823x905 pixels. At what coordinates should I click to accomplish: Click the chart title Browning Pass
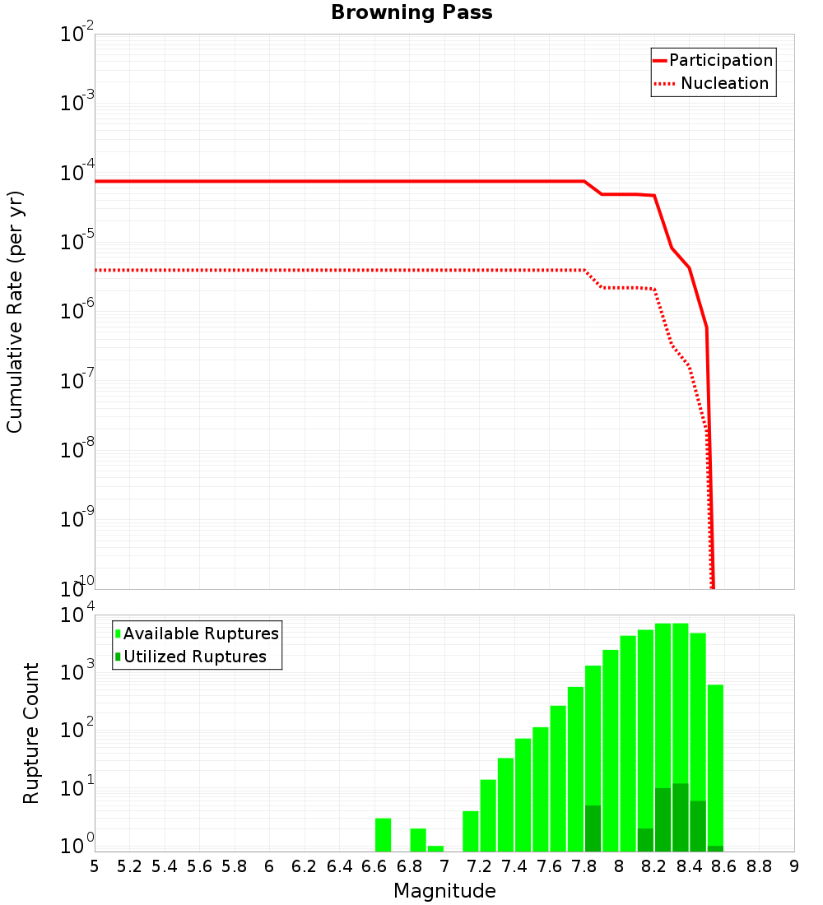pyautogui.click(x=411, y=12)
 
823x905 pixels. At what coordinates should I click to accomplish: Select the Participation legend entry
pyautogui.click(x=720, y=61)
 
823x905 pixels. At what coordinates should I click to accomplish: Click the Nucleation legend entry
pyautogui.click(x=724, y=84)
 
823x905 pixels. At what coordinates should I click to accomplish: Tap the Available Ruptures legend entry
pyautogui.click(x=201, y=633)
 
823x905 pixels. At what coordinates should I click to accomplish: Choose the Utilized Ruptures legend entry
pyautogui.click(x=194, y=657)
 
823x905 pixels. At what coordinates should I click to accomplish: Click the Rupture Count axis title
pyautogui.click(x=31, y=733)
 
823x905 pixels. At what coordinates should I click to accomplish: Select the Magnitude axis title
pyautogui.click(x=444, y=891)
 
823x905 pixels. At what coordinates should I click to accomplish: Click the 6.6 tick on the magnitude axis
pyautogui.click(x=374, y=866)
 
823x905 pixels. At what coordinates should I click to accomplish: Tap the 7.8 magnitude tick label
pyautogui.click(x=584, y=866)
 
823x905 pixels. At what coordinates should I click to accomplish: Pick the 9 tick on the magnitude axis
pyautogui.click(x=794, y=866)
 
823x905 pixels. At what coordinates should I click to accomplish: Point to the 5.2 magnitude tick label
pyautogui.click(x=129, y=866)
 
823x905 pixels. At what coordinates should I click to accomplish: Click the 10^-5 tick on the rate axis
pyautogui.click(x=77, y=242)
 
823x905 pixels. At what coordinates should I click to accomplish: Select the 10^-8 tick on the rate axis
pyautogui.click(x=77, y=450)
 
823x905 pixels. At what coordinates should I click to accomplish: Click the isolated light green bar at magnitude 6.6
pyautogui.click(x=383, y=834)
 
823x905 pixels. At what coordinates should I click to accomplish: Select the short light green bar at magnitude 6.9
pyautogui.click(x=435, y=848)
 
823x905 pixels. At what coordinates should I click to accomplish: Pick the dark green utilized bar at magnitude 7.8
pyautogui.click(x=593, y=828)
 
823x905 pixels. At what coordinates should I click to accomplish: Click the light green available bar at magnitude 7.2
pyautogui.click(x=488, y=815)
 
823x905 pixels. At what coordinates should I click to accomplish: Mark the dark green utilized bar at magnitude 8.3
pyautogui.click(x=680, y=818)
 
